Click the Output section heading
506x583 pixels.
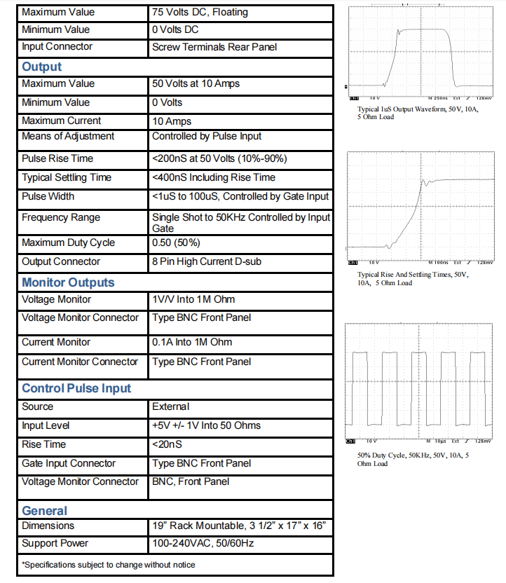coord(42,67)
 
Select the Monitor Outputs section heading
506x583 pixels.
coord(68,282)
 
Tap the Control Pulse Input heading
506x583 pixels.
coord(76,388)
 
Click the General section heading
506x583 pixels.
coord(45,511)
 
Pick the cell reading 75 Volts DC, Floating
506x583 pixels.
coord(200,12)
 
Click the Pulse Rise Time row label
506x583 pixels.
coord(57,158)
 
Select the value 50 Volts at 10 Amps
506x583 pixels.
coord(196,83)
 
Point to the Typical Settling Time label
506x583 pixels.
coord(67,177)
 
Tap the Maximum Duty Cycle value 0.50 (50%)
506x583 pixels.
coord(176,242)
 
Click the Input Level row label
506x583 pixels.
coord(46,425)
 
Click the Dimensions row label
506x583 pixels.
coord(48,526)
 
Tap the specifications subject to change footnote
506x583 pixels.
coord(109,564)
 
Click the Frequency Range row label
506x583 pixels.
coord(61,217)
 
